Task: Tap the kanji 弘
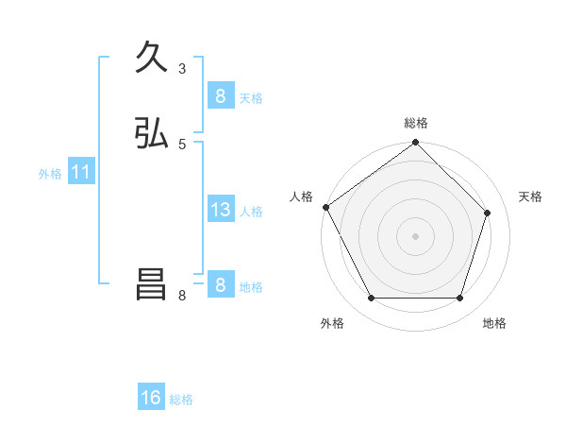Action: tap(151, 134)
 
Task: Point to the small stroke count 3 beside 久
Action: tap(182, 68)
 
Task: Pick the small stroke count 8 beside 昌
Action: tap(182, 295)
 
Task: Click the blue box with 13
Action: tap(220, 210)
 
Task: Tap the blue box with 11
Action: tap(80, 172)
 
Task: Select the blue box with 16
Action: tap(151, 398)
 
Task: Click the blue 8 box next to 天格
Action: tap(220, 96)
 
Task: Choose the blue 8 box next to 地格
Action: tap(220, 285)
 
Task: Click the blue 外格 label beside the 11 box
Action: tap(50, 173)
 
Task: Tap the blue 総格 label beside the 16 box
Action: tap(181, 399)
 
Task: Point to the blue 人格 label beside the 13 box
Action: tap(252, 211)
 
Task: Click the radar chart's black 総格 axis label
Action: tap(416, 123)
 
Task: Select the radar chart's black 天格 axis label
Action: tap(530, 196)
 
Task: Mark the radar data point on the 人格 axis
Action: tap(325, 207)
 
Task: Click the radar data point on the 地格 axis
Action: tap(459, 298)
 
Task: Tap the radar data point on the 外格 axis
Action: tap(371, 298)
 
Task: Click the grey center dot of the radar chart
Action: tap(415, 236)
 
